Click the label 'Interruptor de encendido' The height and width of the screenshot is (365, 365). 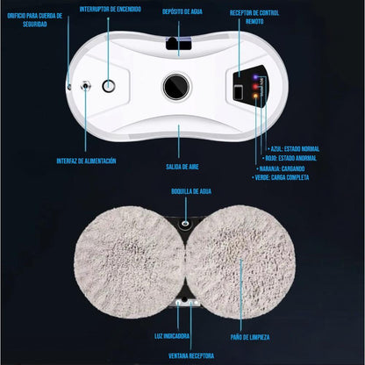(111, 9)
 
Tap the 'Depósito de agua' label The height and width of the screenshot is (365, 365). (182, 11)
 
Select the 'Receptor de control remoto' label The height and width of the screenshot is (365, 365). (254, 17)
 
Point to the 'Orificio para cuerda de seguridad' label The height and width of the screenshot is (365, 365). (35, 20)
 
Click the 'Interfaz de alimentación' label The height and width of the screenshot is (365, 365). (86, 161)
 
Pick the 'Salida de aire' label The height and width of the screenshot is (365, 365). (182, 167)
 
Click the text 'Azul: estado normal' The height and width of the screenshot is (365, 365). (294, 149)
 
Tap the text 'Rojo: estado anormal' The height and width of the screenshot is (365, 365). (290, 158)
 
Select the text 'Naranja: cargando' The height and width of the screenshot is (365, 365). (281, 168)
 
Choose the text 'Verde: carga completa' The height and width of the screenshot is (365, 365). (281, 177)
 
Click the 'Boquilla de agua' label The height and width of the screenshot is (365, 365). (191, 191)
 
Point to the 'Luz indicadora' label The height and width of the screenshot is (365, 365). (172, 336)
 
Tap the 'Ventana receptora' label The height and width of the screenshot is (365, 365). (191, 356)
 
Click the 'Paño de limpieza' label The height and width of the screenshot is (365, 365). (250, 337)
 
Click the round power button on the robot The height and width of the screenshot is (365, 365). (109, 86)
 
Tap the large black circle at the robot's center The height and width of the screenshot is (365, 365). (176, 87)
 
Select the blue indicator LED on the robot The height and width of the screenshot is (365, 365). (255, 77)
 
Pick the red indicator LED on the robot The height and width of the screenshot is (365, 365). (255, 87)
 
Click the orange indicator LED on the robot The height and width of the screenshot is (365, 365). (255, 96)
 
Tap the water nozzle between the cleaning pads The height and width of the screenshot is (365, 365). (184, 224)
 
